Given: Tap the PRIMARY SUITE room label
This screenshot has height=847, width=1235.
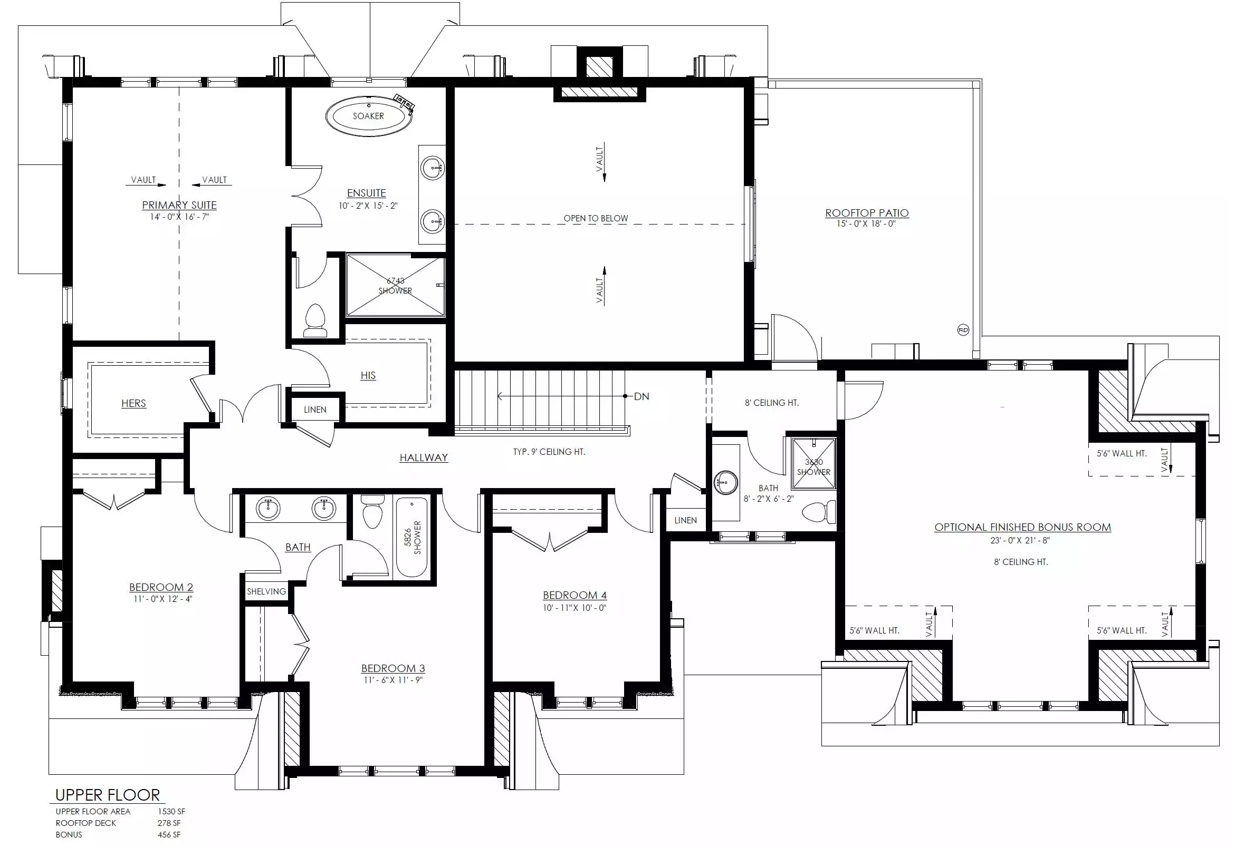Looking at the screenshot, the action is (179, 205).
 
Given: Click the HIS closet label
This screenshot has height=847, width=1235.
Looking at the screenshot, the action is (368, 375).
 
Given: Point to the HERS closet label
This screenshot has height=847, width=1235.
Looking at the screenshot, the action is (133, 404).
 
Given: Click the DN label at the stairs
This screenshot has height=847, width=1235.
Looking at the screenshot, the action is (642, 397).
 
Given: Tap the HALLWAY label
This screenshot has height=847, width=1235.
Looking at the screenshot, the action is (424, 457).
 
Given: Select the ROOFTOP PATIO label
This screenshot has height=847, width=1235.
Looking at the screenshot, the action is (867, 213).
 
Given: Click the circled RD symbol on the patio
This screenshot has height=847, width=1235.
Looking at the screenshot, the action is (963, 330).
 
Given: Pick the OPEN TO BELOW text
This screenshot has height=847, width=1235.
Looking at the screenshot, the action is (596, 218).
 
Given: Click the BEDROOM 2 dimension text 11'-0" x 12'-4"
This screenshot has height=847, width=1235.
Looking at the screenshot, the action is (162, 599).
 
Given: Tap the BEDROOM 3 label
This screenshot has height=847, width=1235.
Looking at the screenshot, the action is (392, 668).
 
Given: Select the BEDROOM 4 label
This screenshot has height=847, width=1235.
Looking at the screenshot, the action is (575, 595).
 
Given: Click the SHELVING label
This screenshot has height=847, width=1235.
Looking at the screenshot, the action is (266, 591).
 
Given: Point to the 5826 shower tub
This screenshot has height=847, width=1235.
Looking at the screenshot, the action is (412, 538).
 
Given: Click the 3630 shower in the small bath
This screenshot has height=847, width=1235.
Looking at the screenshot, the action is (813, 463).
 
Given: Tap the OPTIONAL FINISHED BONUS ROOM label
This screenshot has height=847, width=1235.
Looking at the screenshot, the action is (1022, 527).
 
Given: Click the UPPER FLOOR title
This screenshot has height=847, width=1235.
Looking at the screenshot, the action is (107, 795).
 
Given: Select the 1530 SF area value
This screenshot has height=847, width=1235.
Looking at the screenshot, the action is (171, 811).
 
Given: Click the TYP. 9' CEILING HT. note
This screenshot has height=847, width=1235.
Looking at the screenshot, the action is (549, 452).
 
